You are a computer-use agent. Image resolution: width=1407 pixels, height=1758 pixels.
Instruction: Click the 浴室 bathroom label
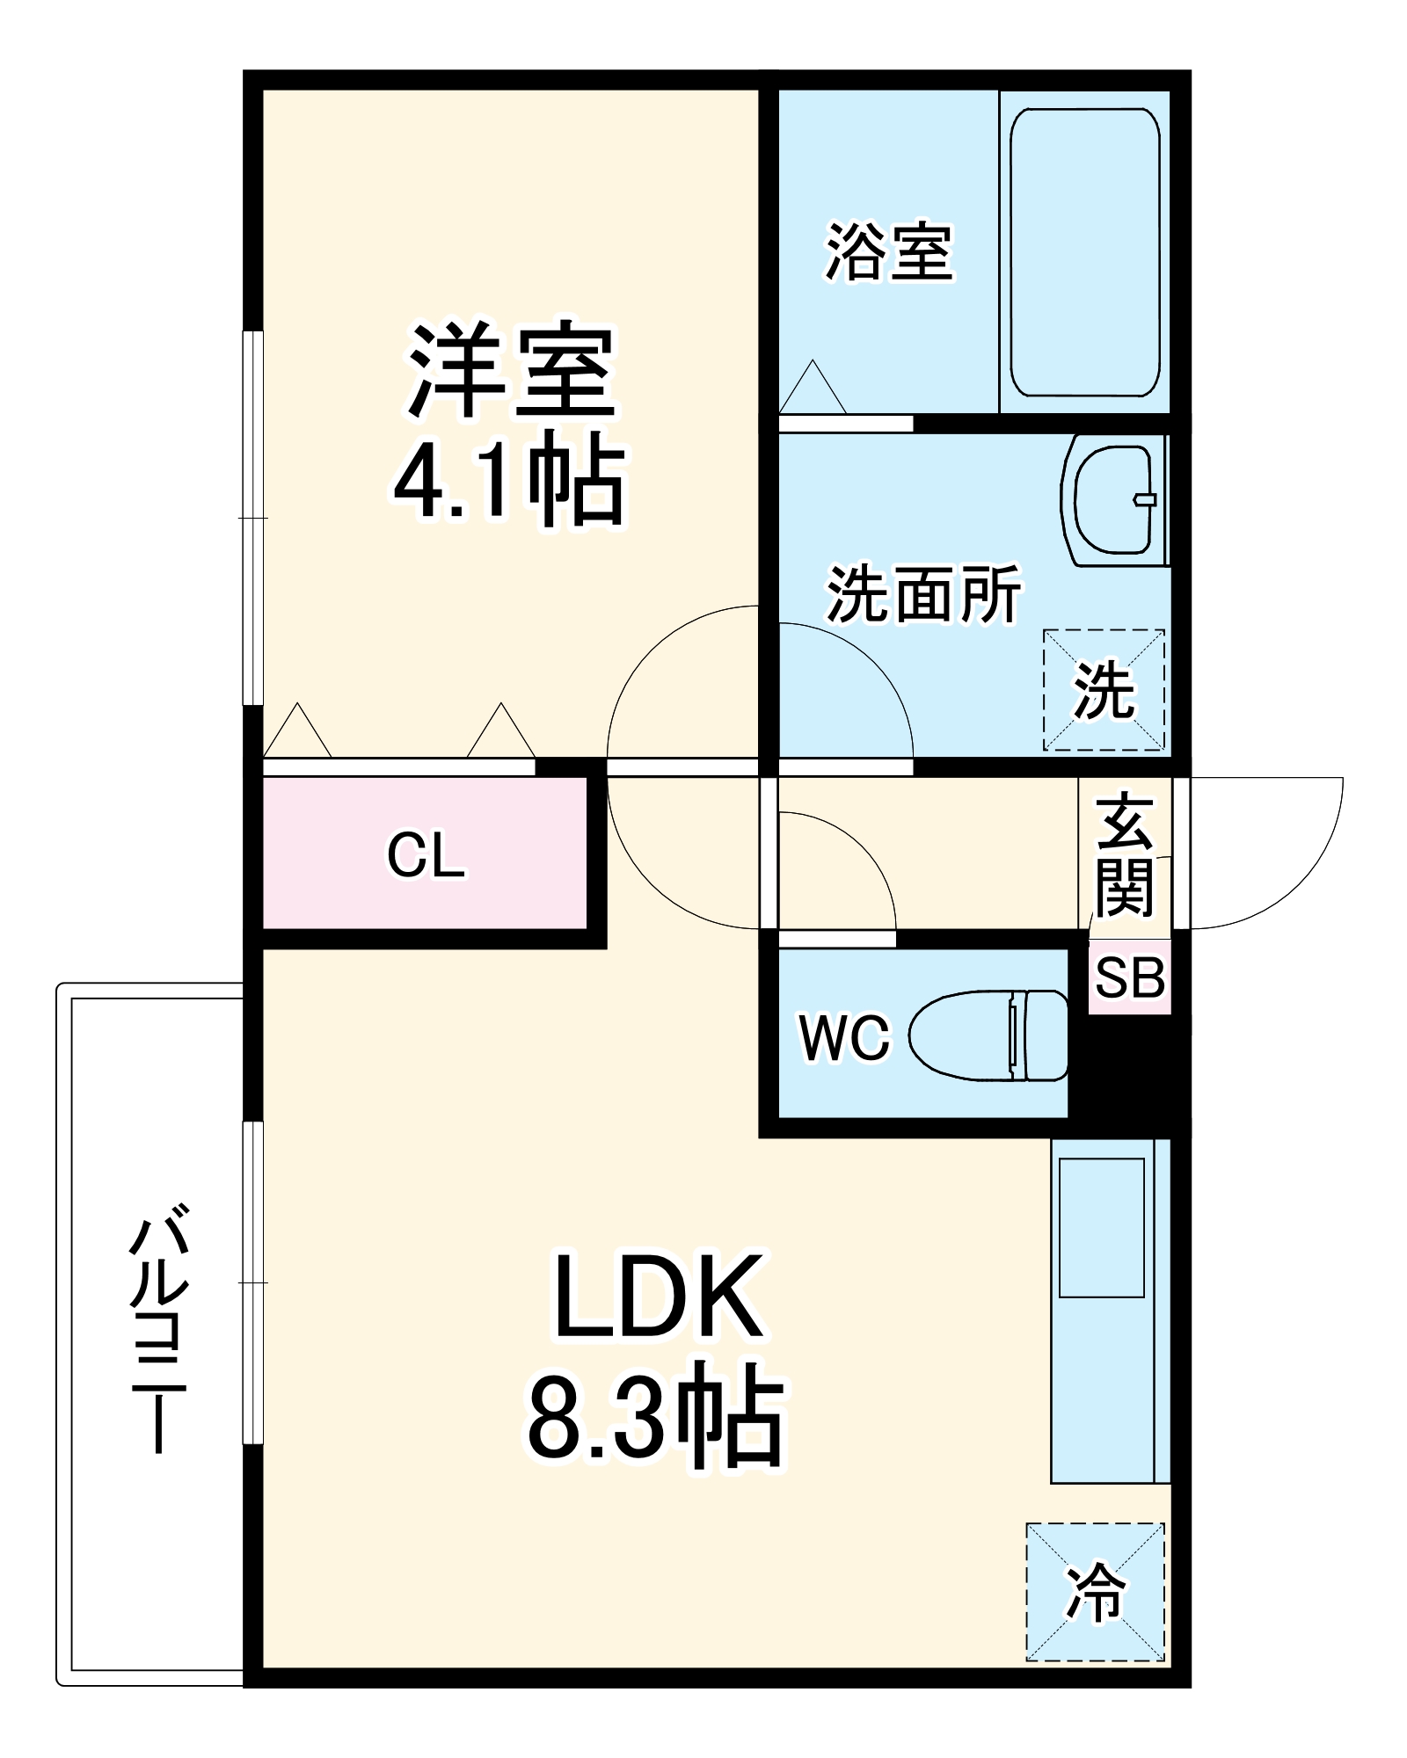889,253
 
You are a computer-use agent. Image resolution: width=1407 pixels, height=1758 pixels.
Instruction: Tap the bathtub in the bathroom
1084,252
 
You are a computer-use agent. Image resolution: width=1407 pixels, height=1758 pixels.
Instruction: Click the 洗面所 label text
923,594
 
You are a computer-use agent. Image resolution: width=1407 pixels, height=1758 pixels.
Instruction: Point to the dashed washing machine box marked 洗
1104,690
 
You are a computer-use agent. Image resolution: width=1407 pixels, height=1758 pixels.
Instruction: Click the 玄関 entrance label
1125,854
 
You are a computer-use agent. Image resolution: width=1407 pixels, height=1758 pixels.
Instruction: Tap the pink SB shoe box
1130,977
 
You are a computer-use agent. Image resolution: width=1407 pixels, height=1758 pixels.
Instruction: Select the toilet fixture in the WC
988,1035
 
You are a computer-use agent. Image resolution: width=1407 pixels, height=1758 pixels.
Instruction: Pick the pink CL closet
425,853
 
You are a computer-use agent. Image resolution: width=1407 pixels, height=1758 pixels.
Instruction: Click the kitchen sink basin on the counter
1102,1227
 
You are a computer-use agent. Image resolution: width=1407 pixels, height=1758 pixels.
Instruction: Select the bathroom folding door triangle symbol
813,387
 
